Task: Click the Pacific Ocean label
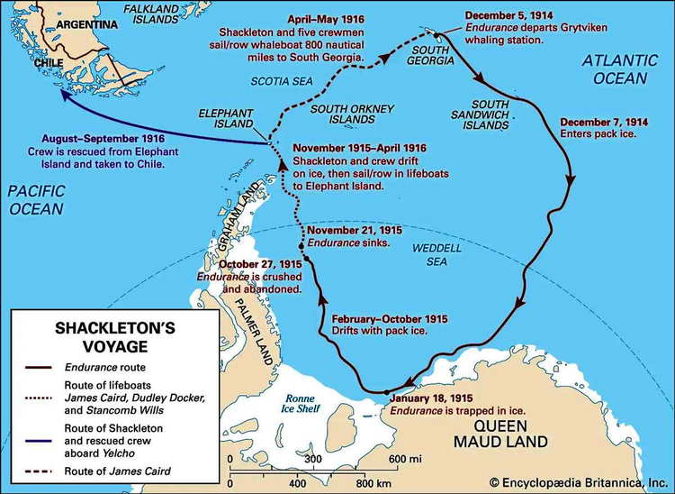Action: point(33,200)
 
